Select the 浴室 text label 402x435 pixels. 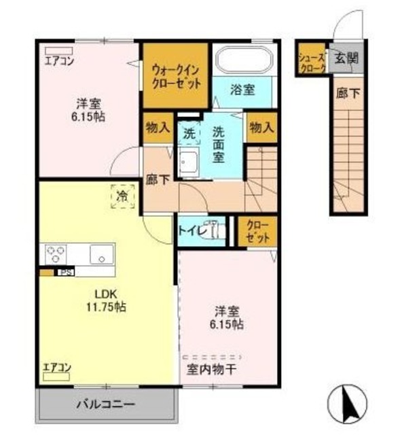(242, 89)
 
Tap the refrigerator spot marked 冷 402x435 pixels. (123, 196)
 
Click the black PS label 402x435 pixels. (65, 273)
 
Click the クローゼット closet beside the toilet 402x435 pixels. (257, 232)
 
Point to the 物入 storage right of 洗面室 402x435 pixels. (261, 127)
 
